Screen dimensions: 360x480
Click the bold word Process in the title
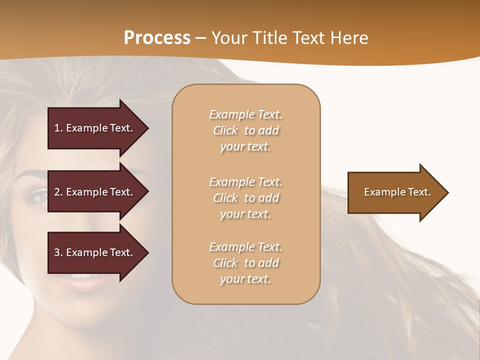(157, 38)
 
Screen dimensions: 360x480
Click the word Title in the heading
(270, 38)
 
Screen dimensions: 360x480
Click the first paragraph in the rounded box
(245, 130)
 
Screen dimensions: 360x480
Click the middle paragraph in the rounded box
(245, 198)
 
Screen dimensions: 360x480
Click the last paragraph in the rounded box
(245, 263)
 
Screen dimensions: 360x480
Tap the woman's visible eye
(36, 196)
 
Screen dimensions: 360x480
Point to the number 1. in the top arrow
(58, 128)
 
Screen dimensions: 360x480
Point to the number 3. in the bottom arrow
(58, 252)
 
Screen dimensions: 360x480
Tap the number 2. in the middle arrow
(58, 192)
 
